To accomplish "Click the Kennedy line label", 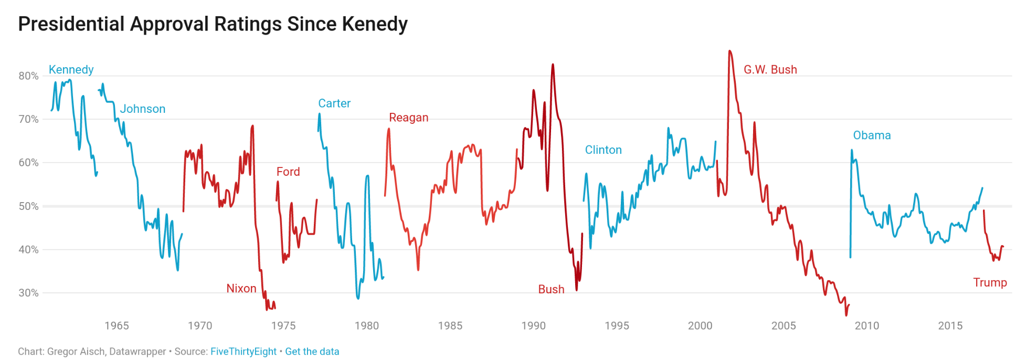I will point(71,70).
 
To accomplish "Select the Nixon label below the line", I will point(241,289).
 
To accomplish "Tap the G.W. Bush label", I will point(770,70).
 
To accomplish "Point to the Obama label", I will point(872,135).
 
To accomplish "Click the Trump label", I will point(989,283).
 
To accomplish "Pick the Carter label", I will point(334,103).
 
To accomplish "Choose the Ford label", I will point(288,172).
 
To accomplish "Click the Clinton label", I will point(603,150).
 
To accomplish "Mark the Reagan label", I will point(408,118).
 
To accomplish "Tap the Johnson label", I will point(142,109).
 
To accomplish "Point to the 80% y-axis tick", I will point(28,76).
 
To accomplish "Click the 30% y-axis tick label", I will point(28,293).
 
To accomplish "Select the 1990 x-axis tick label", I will point(533,326).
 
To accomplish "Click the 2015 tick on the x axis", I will point(950,326).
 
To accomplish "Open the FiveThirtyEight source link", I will point(243,352).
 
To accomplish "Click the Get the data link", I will point(312,352).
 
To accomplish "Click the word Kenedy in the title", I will point(375,24).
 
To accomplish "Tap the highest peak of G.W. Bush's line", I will point(729,51).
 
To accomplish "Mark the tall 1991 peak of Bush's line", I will point(553,65).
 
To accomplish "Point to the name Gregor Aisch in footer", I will point(79,352).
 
